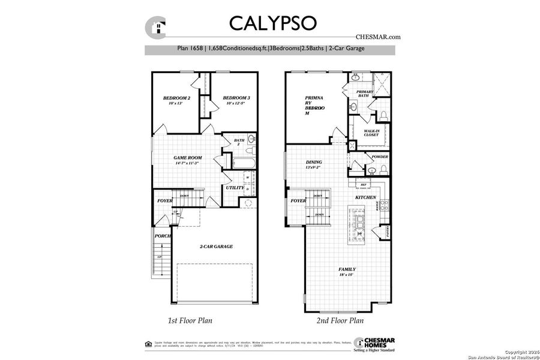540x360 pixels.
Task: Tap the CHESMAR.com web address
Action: (378, 37)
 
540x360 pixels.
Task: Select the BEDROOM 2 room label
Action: (176, 98)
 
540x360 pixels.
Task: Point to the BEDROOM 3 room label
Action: (236, 98)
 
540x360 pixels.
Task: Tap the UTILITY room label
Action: (235, 188)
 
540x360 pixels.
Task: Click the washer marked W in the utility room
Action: (248, 178)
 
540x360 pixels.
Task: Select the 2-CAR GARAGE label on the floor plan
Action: (216, 246)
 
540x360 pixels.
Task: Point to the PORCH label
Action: (163, 236)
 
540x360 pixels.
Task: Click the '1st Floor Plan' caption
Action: (190, 320)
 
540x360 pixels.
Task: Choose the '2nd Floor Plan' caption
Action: (340, 320)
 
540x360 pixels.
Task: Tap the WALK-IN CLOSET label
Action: (371, 133)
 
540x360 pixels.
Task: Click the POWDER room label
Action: (380, 157)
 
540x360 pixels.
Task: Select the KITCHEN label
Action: (365, 197)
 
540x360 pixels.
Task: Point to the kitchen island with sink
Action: (360, 226)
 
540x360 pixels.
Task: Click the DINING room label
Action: (314, 162)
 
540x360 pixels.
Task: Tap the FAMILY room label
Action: (347, 269)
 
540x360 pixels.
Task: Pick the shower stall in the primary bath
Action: (381, 84)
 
